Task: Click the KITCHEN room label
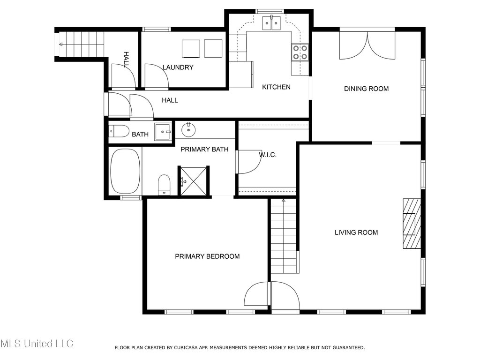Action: pos(276,87)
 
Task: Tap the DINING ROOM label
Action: pos(366,89)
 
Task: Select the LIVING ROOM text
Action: pos(356,232)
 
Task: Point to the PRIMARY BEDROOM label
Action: pos(207,256)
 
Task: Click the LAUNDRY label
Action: pos(178,67)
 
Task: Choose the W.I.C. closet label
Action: pos(268,155)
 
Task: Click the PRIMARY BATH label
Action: pos(204,150)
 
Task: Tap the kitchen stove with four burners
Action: pos(300,52)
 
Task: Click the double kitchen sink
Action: pos(271,23)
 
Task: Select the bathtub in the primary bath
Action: pos(125,172)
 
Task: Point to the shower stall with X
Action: pos(194,181)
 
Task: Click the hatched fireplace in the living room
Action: pos(412,224)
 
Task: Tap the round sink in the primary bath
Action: pos(188,130)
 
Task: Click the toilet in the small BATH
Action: pos(119,131)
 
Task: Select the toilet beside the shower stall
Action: pos(164,185)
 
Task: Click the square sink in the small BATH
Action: pos(163,132)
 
